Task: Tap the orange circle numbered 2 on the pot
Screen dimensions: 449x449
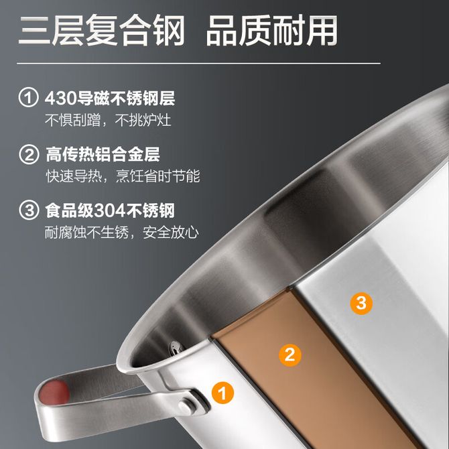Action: click(x=290, y=355)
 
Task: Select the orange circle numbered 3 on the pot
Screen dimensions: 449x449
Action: click(x=361, y=304)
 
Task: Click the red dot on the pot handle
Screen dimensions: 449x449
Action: click(x=55, y=392)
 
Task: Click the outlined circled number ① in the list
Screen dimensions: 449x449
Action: click(x=28, y=97)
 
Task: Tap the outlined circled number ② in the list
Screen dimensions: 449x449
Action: click(x=29, y=154)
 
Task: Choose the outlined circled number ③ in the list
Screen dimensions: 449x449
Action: click(x=29, y=210)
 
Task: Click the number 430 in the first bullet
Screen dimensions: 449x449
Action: click(x=60, y=98)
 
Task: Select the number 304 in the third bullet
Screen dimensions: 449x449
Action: click(x=110, y=210)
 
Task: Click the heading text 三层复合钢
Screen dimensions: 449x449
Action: click(x=102, y=30)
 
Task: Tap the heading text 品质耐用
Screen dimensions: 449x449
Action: click(x=272, y=30)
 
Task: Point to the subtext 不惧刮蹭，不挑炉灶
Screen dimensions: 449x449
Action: click(x=108, y=120)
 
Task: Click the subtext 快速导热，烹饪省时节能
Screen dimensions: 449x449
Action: click(x=123, y=176)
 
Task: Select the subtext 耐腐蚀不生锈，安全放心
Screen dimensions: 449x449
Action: click(x=122, y=233)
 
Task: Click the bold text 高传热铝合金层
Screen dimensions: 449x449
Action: click(x=103, y=154)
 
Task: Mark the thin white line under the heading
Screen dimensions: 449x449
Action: click(x=199, y=63)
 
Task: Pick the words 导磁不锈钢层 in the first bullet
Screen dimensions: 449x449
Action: click(x=125, y=98)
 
